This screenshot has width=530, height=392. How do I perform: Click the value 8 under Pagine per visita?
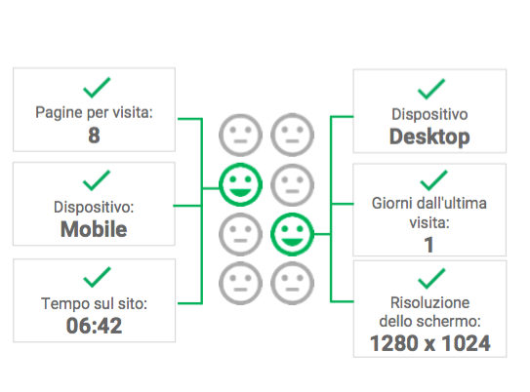tap(94, 136)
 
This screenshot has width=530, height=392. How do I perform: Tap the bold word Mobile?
tap(94, 229)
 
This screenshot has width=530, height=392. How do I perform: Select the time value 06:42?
tap(94, 326)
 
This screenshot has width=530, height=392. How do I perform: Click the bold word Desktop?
tap(429, 137)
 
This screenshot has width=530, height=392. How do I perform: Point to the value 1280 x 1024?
tap(429, 343)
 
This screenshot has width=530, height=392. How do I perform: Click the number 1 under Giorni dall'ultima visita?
tap(428, 245)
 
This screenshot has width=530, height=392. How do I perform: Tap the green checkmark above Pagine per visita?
tap(97, 88)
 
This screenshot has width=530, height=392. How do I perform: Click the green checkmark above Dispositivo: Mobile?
tap(97, 180)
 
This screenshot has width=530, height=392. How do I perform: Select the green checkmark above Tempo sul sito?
tap(97, 277)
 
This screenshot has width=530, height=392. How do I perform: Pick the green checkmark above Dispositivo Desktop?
tap(431, 89)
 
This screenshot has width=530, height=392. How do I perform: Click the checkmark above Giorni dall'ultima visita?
tap(433, 180)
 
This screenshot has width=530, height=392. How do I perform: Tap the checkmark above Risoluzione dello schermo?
tap(431, 279)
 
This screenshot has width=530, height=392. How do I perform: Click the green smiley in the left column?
tap(240, 184)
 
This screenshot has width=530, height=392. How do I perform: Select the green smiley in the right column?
tap(292, 234)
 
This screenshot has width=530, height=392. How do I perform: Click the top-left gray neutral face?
tap(240, 136)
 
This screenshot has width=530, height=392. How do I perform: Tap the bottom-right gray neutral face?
tap(292, 284)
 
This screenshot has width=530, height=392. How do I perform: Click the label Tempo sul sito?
tap(94, 303)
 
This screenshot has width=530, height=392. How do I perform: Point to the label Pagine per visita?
tap(94, 113)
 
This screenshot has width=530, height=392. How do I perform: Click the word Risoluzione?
tap(429, 302)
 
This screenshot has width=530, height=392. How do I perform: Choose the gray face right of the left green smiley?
tap(292, 184)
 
